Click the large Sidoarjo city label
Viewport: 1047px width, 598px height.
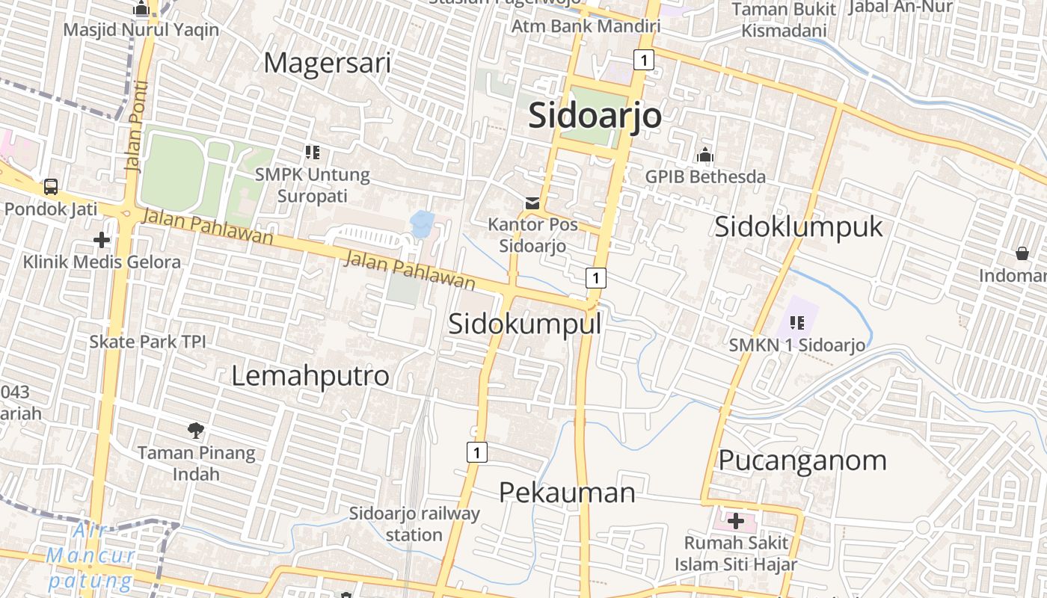pyautogui.click(x=595, y=116)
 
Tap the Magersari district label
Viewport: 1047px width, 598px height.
pyautogui.click(x=327, y=63)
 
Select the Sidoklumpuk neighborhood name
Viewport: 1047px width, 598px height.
pyautogui.click(x=798, y=226)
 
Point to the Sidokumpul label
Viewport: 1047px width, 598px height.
pyautogui.click(x=524, y=324)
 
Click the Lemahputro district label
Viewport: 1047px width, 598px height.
pyautogui.click(x=310, y=375)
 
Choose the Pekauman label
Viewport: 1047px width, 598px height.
pyautogui.click(x=567, y=492)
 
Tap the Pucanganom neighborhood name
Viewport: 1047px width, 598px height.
pyautogui.click(x=802, y=460)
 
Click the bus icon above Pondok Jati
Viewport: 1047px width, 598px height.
pyautogui.click(x=51, y=187)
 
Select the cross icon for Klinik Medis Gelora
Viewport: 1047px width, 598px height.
pyautogui.click(x=102, y=240)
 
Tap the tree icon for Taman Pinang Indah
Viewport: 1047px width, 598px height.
pyautogui.click(x=196, y=430)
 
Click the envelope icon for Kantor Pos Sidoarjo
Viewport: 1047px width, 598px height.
pyautogui.click(x=532, y=203)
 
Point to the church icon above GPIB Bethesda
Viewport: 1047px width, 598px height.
pyautogui.click(x=704, y=155)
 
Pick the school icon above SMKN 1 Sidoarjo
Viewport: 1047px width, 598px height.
pyautogui.click(x=797, y=323)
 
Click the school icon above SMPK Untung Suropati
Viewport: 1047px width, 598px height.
pyautogui.click(x=313, y=152)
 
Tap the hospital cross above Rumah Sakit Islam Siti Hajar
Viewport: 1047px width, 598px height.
pyautogui.click(x=736, y=520)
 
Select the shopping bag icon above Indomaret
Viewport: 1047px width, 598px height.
pyautogui.click(x=1022, y=253)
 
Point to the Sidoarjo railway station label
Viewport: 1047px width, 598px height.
pyautogui.click(x=414, y=524)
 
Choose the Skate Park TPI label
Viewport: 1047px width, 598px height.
pyautogui.click(x=147, y=342)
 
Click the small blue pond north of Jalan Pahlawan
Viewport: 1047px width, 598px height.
pyautogui.click(x=422, y=223)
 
